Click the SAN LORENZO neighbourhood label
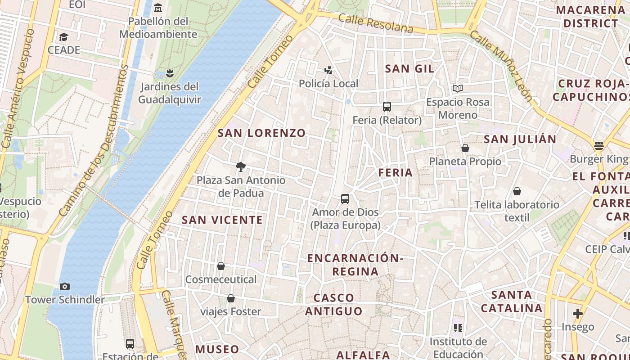click(x=261, y=133)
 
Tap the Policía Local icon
click(x=328, y=70)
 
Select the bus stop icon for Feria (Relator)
click(x=387, y=107)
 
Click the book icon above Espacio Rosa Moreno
click(x=458, y=89)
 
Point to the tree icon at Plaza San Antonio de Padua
click(x=241, y=167)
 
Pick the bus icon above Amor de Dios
click(x=345, y=198)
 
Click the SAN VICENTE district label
click(x=222, y=220)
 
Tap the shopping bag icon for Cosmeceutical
click(x=221, y=266)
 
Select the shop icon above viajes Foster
click(x=231, y=298)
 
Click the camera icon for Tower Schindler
click(x=65, y=286)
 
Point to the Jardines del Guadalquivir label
click(x=169, y=93)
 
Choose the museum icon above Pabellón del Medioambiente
click(x=158, y=8)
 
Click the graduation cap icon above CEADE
click(x=63, y=37)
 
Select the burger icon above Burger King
click(x=598, y=145)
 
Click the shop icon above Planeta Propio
click(x=465, y=148)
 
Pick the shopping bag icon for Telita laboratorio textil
click(x=517, y=191)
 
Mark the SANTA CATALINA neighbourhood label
click(x=512, y=301)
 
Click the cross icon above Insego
click(x=578, y=313)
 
